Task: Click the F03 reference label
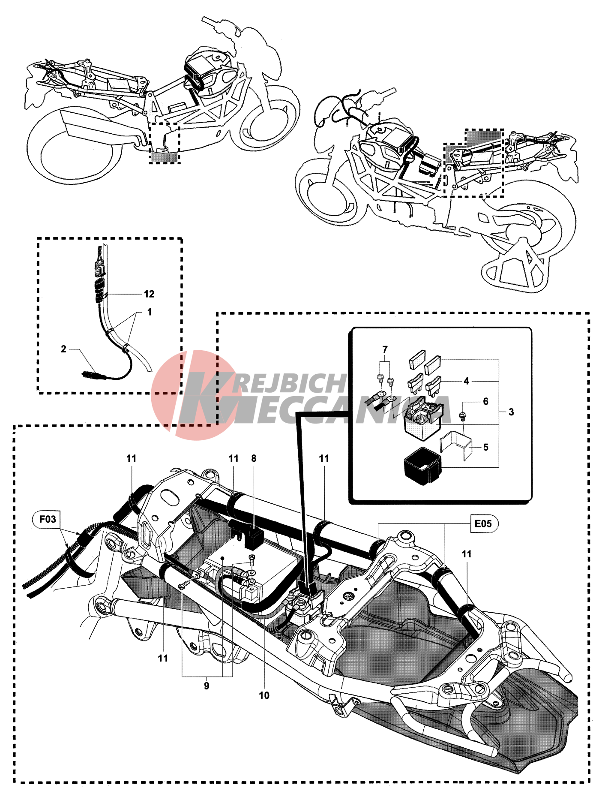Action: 48,519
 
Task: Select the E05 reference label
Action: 483,523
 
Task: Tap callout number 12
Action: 149,294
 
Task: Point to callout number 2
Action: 63,349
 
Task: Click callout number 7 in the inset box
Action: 385,349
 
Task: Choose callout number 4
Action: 467,381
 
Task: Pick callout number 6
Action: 485,401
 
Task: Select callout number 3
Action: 511,412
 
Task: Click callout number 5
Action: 485,447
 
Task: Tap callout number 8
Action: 254,458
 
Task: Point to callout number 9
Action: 207,686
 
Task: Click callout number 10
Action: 264,695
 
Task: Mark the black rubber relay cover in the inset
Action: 422,466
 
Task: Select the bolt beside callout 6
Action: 462,415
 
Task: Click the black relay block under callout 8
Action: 255,539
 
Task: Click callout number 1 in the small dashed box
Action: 149,312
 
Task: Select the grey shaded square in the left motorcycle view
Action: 164,157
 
